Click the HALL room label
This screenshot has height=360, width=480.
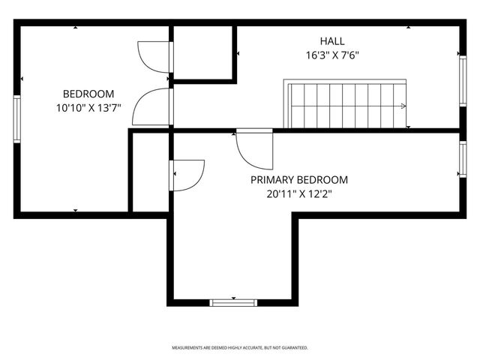tap(332, 40)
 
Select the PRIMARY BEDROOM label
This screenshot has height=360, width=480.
tap(298, 180)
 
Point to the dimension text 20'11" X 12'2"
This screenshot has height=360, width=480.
tap(298, 194)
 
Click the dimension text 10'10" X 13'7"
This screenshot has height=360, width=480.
tap(88, 108)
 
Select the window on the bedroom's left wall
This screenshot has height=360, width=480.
tap(17, 117)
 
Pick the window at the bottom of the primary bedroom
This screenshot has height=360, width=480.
tap(233, 302)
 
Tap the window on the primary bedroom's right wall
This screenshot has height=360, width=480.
tap(462, 160)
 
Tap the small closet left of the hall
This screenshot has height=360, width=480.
tap(205, 52)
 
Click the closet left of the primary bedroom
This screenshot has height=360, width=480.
tap(149, 172)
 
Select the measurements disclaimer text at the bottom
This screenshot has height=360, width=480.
tap(240, 348)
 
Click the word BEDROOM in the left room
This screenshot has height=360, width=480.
tap(88, 94)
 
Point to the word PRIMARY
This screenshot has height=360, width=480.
tap(272, 180)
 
